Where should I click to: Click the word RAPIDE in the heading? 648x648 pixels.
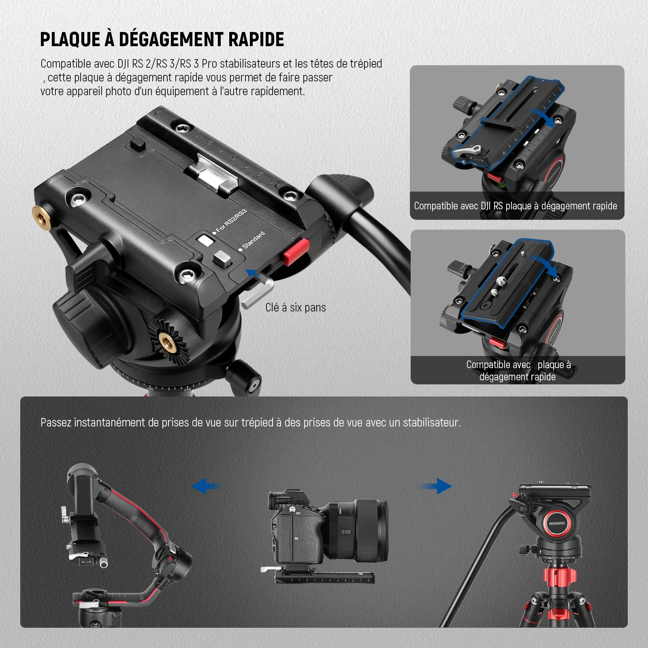coord(256,39)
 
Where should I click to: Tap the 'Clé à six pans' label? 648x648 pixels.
coord(296,307)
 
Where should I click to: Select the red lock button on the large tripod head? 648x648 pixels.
coord(296,252)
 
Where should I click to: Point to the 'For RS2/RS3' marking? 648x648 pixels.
coord(231,221)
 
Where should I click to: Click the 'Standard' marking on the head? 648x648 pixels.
coord(253,240)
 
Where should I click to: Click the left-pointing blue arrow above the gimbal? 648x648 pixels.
coord(207,486)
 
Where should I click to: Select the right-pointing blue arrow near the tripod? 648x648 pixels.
coord(436,486)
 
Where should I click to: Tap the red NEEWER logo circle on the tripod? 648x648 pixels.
coord(557,523)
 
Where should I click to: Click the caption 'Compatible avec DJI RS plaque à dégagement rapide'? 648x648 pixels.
coord(516,206)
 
